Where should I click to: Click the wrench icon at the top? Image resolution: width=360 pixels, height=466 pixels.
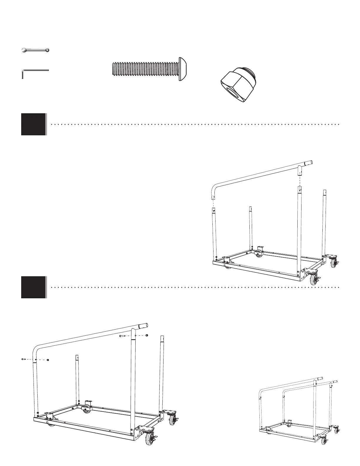pyautogui.click(x=36, y=50)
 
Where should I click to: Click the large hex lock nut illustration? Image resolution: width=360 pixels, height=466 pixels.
pyautogui.click(x=239, y=87)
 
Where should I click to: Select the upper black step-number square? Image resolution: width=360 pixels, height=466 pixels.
pyautogui.click(x=34, y=124)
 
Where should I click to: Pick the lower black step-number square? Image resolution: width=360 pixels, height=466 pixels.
pyautogui.click(x=34, y=287)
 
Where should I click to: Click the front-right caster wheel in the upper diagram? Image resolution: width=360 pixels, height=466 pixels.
pyautogui.click(x=314, y=279)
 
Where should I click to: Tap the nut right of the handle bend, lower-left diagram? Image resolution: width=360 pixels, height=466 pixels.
pyautogui.click(x=48, y=360)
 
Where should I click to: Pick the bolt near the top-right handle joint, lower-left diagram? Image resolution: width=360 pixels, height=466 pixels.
pyautogui.click(x=122, y=335)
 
